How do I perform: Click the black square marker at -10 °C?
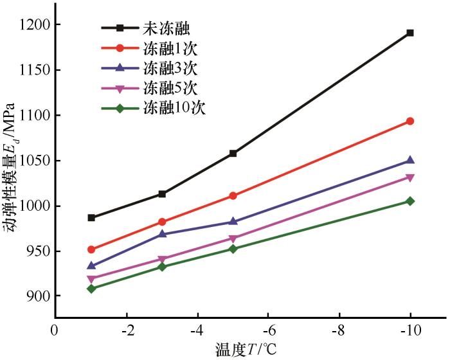pos(410,33)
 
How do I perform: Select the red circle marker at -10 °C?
pos(410,121)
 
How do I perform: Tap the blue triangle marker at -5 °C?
pos(233,221)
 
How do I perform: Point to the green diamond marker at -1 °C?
pos(91,289)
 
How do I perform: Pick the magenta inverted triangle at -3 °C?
pos(162,260)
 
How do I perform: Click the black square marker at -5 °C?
pos(233,154)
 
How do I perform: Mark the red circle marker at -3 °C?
pos(162,222)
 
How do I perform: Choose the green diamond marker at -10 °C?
pos(410,201)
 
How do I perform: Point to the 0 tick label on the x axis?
pos(56,330)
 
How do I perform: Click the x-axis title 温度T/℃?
pos(248,350)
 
